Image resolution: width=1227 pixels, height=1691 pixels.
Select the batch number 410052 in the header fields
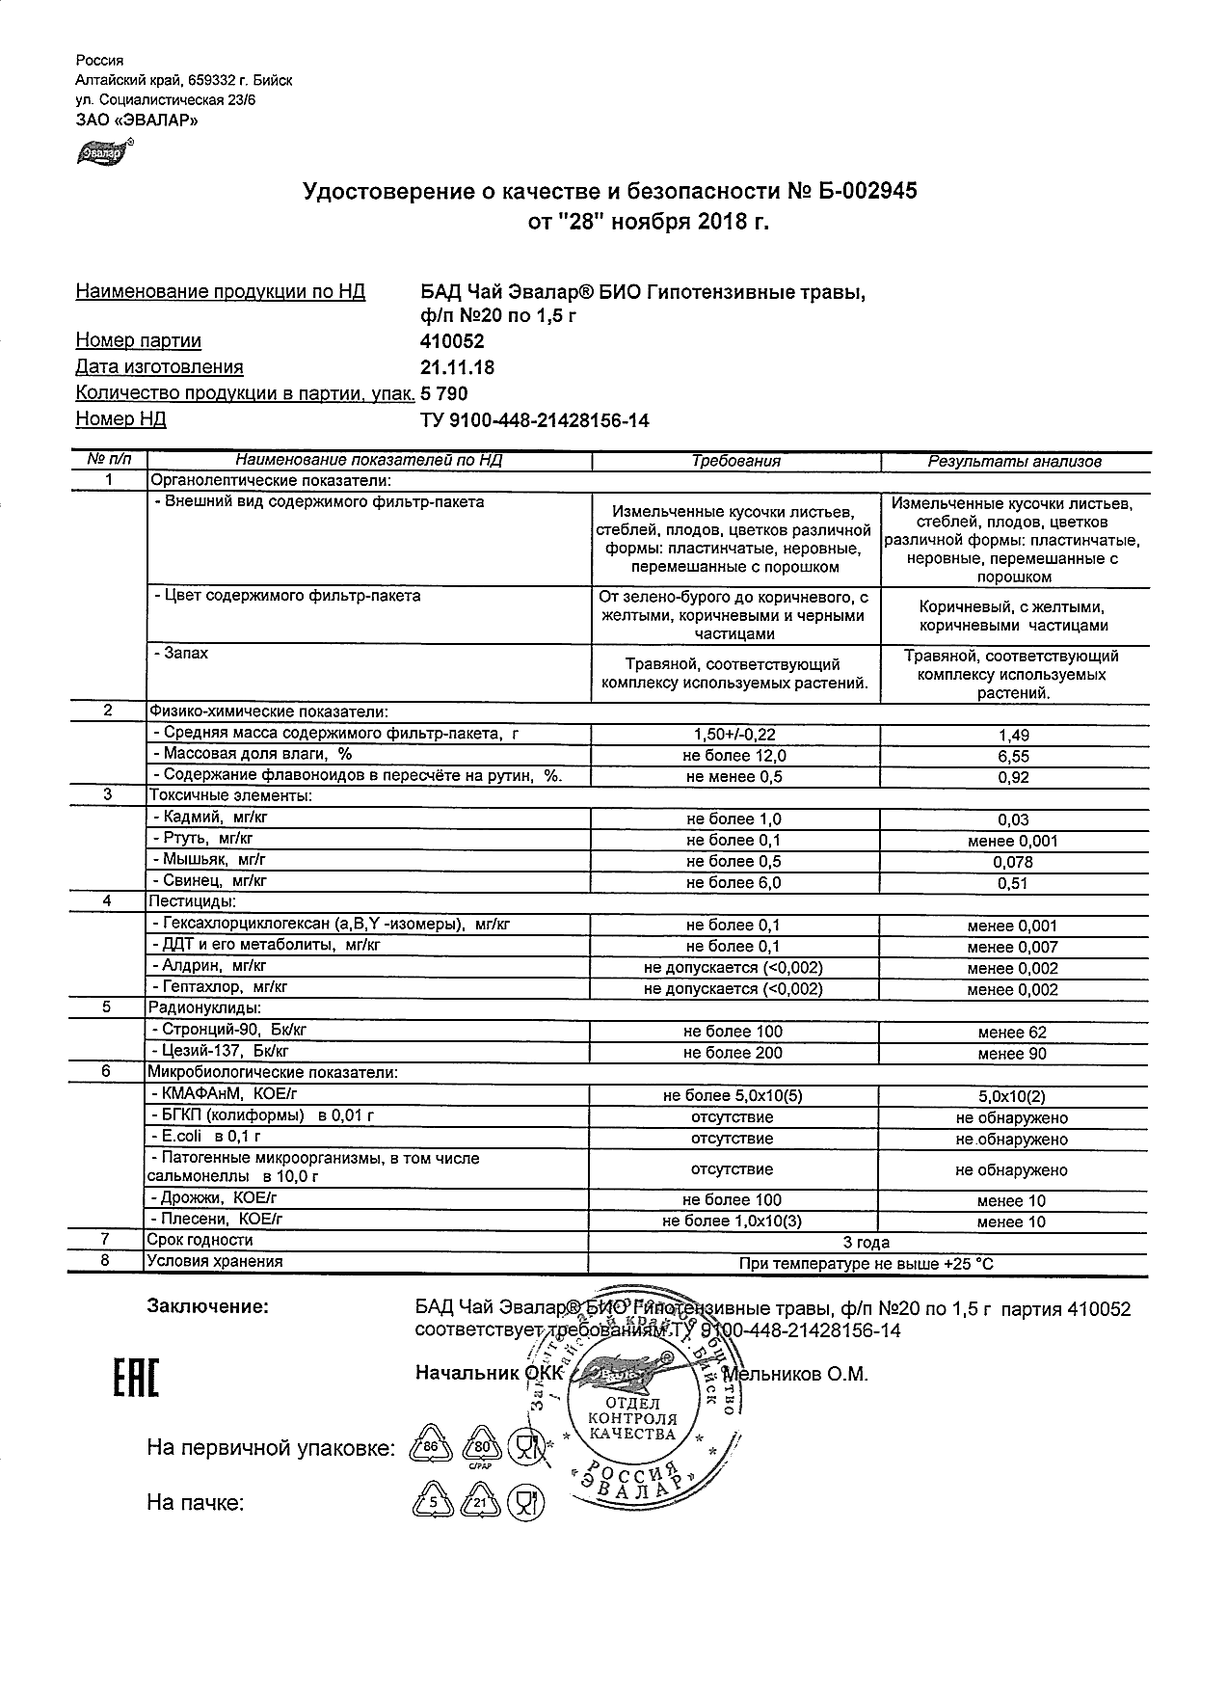pyautogui.click(x=453, y=341)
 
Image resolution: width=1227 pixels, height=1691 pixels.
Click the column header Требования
pyautogui.click(x=735, y=461)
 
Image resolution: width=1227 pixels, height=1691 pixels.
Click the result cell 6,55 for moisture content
pyautogui.click(x=1014, y=757)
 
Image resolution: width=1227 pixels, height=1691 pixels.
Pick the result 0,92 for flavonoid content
pyautogui.click(x=1014, y=778)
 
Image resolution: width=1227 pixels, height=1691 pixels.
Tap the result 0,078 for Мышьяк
pyautogui.click(x=1013, y=862)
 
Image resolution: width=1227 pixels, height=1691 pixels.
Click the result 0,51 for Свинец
pyautogui.click(x=1013, y=883)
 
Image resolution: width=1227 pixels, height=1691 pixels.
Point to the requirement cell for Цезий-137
pyautogui.click(x=733, y=1053)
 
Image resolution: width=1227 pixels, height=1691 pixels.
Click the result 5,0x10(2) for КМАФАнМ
pyautogui.click(x=1013, y=1096)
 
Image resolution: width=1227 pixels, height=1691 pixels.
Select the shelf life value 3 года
pyautogui.click(x=866, y=1243)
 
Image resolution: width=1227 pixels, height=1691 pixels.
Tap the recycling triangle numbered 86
pyautogui.click(x=431, y=1447)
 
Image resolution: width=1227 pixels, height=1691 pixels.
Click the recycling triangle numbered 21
pyautogui.click(x=479, y=1501)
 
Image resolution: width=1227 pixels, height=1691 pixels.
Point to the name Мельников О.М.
pyautogui.click(x=795, y=1374)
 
